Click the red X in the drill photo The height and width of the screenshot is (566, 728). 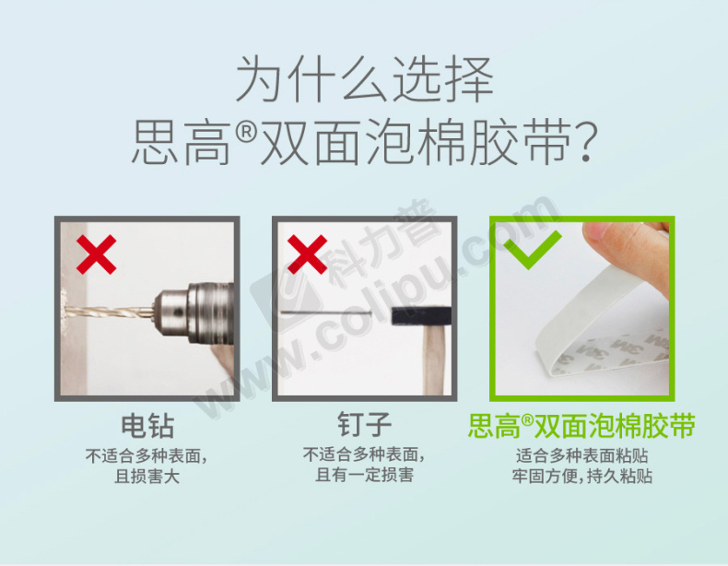click(96, 254)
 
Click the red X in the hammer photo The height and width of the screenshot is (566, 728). click(307, 254)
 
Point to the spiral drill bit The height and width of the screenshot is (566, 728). click(109, 311)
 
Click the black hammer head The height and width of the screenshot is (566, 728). click(421, 316)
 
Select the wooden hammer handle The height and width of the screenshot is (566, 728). click(435, 360)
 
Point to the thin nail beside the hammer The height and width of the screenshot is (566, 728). click(326, 312)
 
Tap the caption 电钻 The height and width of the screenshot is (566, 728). click(147, 426)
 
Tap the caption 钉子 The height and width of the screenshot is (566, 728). click(365, 424)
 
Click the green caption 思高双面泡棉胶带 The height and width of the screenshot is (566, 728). click(581, 426)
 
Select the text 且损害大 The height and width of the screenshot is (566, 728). click(147, 477)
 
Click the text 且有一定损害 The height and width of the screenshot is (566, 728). click(365, 475)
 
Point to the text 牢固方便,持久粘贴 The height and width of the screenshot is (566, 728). click(582, 476)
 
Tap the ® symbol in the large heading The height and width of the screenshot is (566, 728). click(246, 133)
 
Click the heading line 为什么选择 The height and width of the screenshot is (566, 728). click(365, 79)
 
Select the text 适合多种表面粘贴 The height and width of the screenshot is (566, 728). click(582, 455)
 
